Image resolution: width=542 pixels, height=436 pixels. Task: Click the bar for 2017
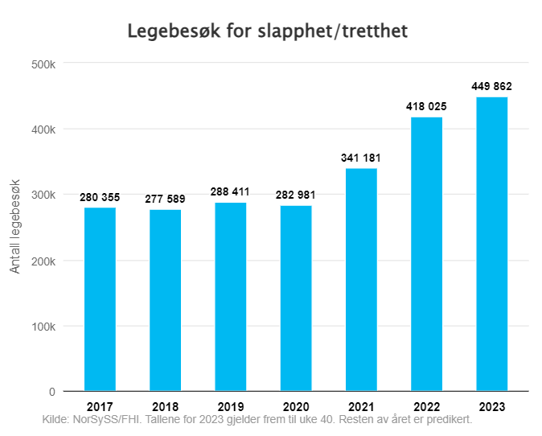[100, 299]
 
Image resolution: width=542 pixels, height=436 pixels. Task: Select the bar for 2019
[230, 297]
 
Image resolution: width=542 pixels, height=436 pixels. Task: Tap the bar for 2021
[361, 280]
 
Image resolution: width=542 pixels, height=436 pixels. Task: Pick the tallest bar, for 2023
[491, 244]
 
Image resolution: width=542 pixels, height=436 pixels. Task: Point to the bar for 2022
[426, 254]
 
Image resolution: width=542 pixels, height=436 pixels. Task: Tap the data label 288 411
[230, 192]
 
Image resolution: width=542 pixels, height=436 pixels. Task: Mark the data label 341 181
[361, 158]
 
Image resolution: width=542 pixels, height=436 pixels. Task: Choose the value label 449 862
[491, 87]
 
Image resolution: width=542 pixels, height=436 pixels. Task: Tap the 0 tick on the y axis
[51, 392]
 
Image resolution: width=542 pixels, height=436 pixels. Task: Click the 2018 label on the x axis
[165, 406]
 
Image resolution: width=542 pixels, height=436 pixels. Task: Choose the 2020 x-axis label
[295, 406]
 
